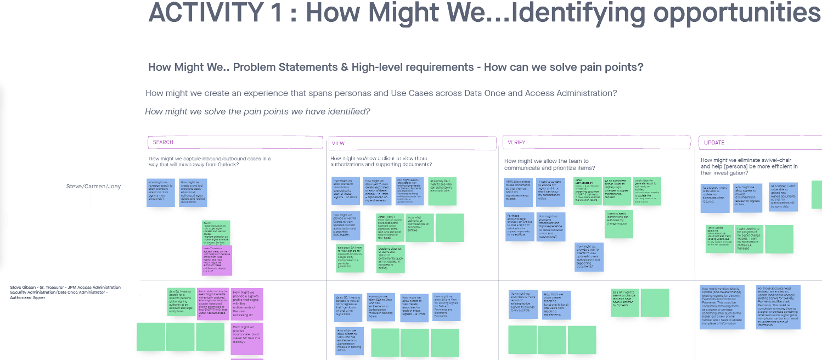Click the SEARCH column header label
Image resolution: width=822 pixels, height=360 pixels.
point(163,142)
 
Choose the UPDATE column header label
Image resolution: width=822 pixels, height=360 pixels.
point(714,143)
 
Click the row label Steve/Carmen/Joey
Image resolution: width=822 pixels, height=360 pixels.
point(93,187)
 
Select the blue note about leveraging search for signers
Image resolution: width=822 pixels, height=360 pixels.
point(161,193)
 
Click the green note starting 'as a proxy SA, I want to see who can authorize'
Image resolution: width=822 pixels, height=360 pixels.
point(442,191)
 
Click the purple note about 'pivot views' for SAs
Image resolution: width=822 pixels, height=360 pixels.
point(247,338)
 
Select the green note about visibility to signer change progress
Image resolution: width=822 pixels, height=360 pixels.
point(756,238)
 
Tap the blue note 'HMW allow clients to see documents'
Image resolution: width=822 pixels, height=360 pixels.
point(519,192)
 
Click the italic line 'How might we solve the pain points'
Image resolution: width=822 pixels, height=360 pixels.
point(257,111)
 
